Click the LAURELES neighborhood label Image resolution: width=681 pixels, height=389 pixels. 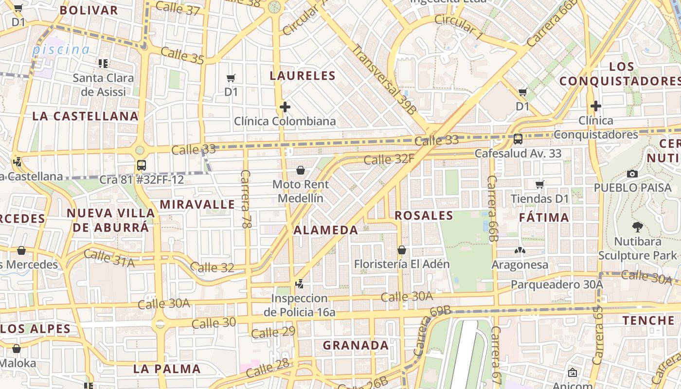coord(303,75)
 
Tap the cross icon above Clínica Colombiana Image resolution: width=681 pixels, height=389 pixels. coord(285,107)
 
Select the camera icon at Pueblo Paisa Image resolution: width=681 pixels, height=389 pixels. coord(632,174)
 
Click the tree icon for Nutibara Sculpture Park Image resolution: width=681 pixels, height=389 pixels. coord(637,227)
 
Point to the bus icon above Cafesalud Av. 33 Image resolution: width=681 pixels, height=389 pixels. coord(518,139)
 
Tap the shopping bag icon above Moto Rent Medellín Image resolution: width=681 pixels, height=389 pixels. coord(301,170)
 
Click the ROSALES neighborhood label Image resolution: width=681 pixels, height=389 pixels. coord(424,215)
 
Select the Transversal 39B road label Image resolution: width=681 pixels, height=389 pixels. coord(384,80)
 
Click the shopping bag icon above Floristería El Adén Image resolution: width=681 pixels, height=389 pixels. coord(402,250)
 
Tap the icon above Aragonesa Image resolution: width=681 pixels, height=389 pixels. coord(520,251)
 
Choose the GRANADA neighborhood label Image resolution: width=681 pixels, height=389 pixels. coord(356,345)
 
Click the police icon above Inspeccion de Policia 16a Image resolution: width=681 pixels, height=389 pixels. coord(300,283)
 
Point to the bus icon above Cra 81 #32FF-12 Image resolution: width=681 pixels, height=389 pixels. coord(142,165)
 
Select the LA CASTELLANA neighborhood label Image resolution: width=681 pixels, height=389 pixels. coord(86,116)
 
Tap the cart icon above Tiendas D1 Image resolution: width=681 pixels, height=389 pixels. coord(539,184)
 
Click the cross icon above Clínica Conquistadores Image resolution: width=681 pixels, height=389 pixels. coord(596,106)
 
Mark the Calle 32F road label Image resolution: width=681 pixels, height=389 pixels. coord(389,159)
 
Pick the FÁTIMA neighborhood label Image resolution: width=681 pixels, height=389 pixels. coord(544,217)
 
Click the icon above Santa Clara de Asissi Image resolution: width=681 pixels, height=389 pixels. coord(103,63)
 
